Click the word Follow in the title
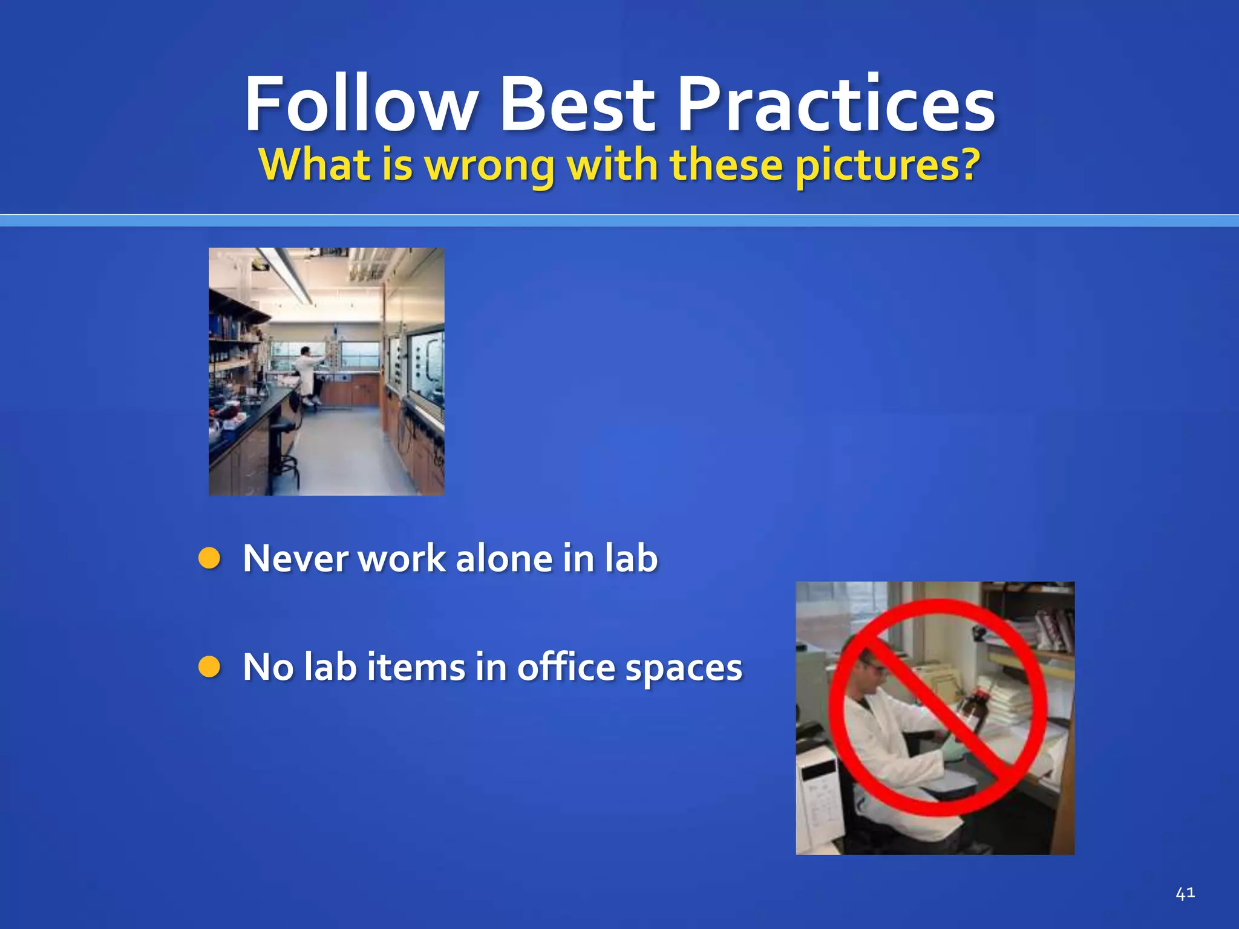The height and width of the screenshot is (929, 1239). (x=361, y=104)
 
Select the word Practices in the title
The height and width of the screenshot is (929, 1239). (x=835, y=104)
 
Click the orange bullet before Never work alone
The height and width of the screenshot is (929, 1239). (x=209, y=558)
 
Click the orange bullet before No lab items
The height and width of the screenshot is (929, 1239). (x=209, y=667)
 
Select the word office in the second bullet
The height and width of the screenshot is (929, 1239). (x=566, y=667)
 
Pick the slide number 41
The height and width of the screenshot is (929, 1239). (x=1185, y=893)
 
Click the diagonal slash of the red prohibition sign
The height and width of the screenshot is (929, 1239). (x=938, y=708)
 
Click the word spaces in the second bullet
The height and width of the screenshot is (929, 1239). (x=683, y=667)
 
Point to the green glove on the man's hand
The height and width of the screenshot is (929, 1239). (x=953, y=750)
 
